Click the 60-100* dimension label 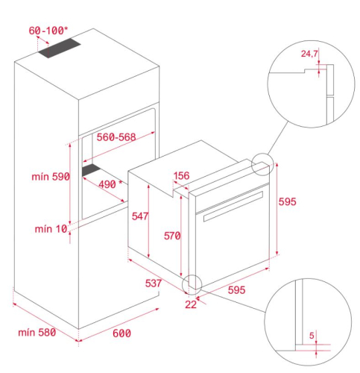click(48, 31)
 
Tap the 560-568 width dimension click(116, 137)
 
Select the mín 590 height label click(51, 177)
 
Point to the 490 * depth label click(111, 184)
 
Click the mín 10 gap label click(51, 229)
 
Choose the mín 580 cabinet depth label click(37, 332)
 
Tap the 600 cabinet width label click(121, 333)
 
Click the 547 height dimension click(140, 216)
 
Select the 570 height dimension click(172, 236)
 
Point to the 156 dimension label click(182, 175)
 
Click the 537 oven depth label click(154, 283)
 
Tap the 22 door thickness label click(191, 304)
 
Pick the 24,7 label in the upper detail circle click(309, 54)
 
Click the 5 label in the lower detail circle click(312, 336)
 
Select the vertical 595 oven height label click(288, 201)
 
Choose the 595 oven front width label click(236, 290)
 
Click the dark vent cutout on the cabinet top click(60, 48)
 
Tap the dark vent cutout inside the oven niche click(91, 170)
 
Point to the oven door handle click(233, 206)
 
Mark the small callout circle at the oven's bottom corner click(182, 285)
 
